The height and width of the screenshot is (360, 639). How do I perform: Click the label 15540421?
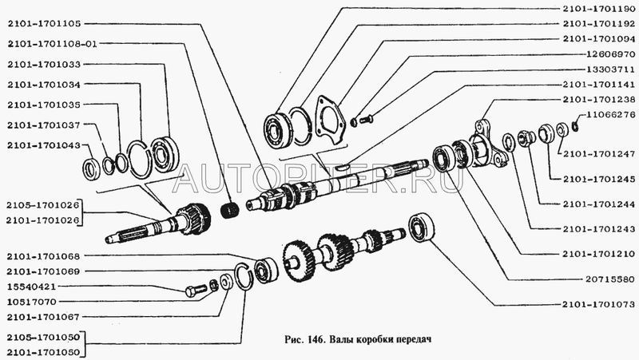click(x=32, y=285)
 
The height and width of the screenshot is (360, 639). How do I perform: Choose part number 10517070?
click(x=32, y=303)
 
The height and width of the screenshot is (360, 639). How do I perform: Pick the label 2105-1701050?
click(x=43, y=337)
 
